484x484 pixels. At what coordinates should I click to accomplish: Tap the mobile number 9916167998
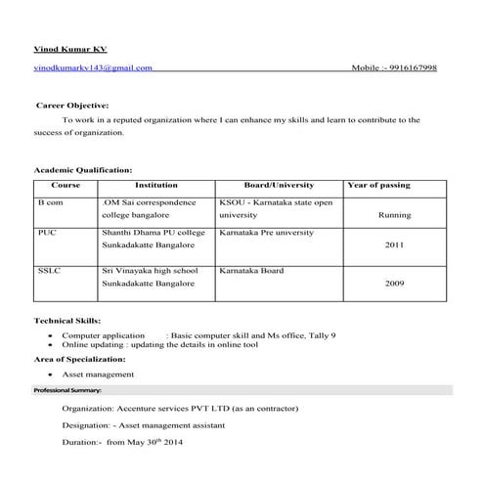coord(413,68)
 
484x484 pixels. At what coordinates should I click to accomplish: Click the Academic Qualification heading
coord(83,169)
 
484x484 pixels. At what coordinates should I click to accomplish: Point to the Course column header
coord(66,185)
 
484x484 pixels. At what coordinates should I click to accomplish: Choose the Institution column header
coord(155,185)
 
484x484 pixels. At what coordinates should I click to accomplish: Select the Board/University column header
coord(279,185)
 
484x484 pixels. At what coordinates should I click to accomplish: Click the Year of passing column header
coord(378,185)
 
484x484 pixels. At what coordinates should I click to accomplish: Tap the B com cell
coord(50,202)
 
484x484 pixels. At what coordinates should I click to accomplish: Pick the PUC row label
coord(47,234)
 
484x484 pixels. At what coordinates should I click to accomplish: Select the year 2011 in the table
coord(394,245)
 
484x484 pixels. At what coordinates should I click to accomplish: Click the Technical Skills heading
coord(67,321)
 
